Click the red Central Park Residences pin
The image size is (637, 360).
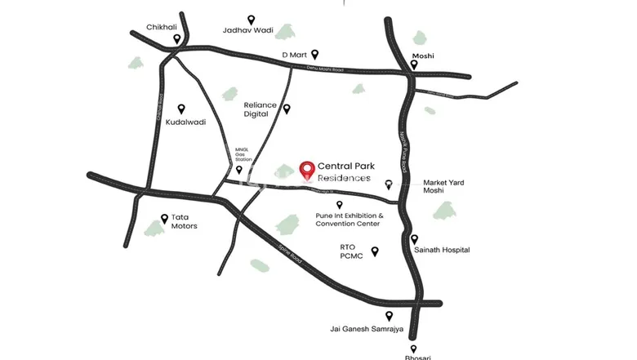[x=307, y=171]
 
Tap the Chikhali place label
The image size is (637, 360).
[x=162, y=27]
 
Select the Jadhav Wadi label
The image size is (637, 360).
[x=247, y=31]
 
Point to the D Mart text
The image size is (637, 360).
[x=294, y=55]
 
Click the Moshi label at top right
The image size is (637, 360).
[x=423, y=56]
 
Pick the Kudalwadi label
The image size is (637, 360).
[x=185, y=122]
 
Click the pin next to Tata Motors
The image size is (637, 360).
[x=163, y=219]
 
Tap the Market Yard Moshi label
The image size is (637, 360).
[x=444, y=186]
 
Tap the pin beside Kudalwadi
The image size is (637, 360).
[x=181, y=108]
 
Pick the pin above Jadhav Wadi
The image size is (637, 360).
[x=251, y=19]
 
